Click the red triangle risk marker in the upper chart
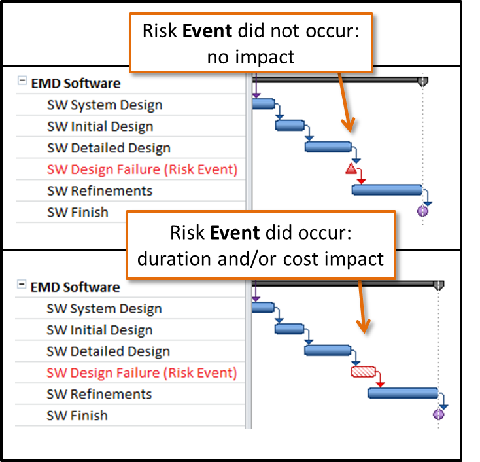[351, 170]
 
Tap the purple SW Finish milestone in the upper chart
[422, 211]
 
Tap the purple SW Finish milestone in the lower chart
[438, 414]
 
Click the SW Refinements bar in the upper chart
[386, 190]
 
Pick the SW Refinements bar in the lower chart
[402, 393]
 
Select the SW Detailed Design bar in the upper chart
[328, 147]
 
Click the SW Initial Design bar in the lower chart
[290, 329]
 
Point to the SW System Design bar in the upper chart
[262, 103]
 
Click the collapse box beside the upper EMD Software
[22, 82]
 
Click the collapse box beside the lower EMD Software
[22, 285]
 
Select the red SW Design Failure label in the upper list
[142, 169]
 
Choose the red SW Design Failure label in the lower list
[141, 373]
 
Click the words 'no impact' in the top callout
[250, 57]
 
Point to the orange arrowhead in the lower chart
[364, 326]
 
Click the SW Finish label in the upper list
[78, 212]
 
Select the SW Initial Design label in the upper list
[100, 126]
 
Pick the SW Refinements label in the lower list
[99, 394]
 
